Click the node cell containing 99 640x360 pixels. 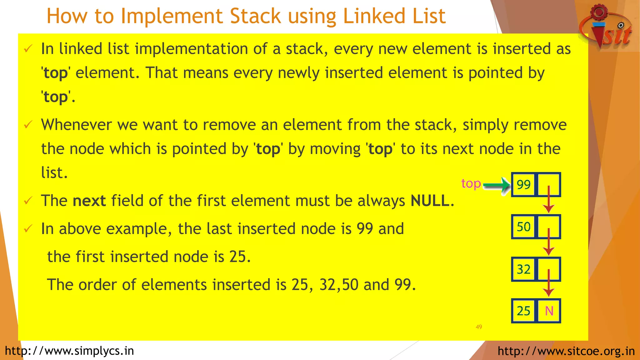(x=523, y=185)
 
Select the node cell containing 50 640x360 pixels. (x=523, y=227)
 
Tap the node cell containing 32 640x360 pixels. (x=523, y=269)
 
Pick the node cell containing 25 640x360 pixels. (x=523, y=311)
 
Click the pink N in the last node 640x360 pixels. (x=549, y=311)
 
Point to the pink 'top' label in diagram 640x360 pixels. (x=471, y=184)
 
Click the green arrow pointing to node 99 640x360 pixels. (x=497, y=186)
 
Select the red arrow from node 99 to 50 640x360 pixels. (x=549, y=200)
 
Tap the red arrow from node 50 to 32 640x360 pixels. (x=549, y=242)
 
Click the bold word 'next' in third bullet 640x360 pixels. (x=89, y=201)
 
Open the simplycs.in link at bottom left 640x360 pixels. (x=69, y=351)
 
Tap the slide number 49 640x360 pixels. (x=479, y=327)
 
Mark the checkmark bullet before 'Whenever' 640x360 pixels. (x=28, y=125)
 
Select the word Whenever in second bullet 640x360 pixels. (x=76, y=125)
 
